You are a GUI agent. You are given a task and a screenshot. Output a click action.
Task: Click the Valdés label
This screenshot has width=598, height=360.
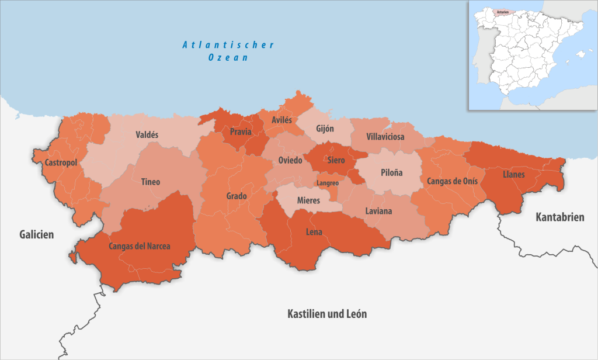[x=147, y=134]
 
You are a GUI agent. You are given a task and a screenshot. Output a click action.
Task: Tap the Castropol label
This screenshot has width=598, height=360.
[x=56, y=162]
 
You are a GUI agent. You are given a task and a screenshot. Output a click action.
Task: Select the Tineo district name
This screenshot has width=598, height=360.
[x=150, y=182]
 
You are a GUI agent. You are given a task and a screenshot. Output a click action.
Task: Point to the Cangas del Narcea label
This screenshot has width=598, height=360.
[x=140, y=246]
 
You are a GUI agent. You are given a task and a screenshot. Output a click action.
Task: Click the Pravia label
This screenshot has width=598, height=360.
[x=241, y=131]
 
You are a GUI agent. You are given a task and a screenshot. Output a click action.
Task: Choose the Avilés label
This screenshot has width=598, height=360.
[x=281, y=120]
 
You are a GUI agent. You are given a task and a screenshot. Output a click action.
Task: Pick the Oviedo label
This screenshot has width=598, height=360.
[x=290, y=160]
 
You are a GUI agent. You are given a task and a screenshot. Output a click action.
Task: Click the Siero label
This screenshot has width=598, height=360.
[x=336, y=160]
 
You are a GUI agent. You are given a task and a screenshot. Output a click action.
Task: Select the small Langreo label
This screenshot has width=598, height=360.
[x=327, y=183]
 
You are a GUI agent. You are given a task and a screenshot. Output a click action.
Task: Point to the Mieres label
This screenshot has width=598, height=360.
[x=308, y=200]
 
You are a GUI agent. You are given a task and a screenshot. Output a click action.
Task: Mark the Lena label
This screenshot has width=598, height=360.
[x=314, y=232]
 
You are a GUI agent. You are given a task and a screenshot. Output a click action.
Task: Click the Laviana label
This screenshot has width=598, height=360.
[x=378, y=211]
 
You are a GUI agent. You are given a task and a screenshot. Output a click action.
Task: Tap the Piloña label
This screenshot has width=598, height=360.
[x=391, y=174]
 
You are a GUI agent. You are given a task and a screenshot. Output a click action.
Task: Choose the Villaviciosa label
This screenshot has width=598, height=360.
[x=385, y=137]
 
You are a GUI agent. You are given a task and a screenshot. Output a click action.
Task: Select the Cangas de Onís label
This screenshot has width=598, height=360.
[x=452, y=181]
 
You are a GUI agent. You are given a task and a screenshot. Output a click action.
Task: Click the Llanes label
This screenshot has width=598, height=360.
[x=513, y=174]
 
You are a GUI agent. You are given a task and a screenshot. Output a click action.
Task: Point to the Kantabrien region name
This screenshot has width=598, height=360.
[x=559, y=217]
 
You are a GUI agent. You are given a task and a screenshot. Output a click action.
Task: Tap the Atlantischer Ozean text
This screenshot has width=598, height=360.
[x=228, y=51]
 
